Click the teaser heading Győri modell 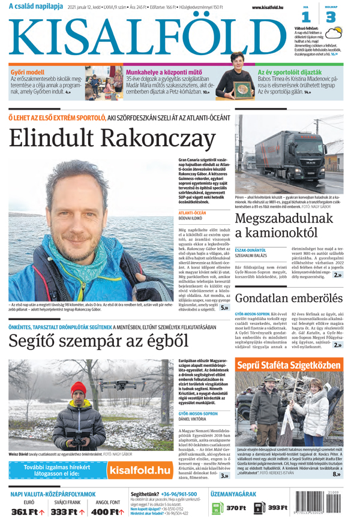point(27,72)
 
